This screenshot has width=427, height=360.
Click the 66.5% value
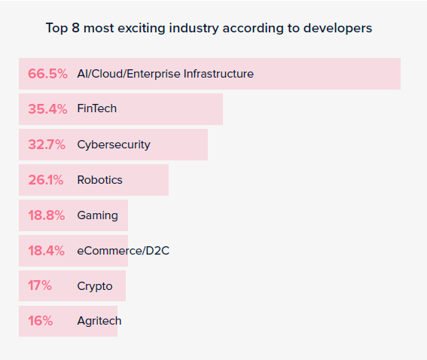(x=47, y=74)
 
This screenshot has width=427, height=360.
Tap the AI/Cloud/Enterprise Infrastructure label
(x=165, y=74)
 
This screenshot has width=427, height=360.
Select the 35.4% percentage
(x=47, y=109)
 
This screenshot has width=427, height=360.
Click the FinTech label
(x=97, y=108)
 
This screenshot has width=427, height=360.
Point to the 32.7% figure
(x=47, y=145)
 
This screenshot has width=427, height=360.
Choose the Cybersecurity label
(x=114, y=145)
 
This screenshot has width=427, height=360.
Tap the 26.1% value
(x=46, y=180)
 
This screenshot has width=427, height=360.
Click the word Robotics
(x=99, y=180)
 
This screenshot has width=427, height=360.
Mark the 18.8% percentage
(x=47, y=215)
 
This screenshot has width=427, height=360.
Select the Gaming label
(x=97, y=215)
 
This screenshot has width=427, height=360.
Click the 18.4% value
(x=46, y=251)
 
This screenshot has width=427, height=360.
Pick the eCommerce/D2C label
(x=123, y=251)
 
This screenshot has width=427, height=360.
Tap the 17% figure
(x=40, y=285)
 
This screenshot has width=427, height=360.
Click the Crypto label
(x=95, y=286)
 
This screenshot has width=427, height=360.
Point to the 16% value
(x=41, y=321)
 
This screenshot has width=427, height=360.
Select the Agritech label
(x=99, y=321)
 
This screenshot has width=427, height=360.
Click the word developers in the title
(x=337, y=29)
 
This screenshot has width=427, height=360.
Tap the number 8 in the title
(x=76, y=28)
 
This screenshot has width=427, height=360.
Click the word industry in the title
(x=194, y=29)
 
